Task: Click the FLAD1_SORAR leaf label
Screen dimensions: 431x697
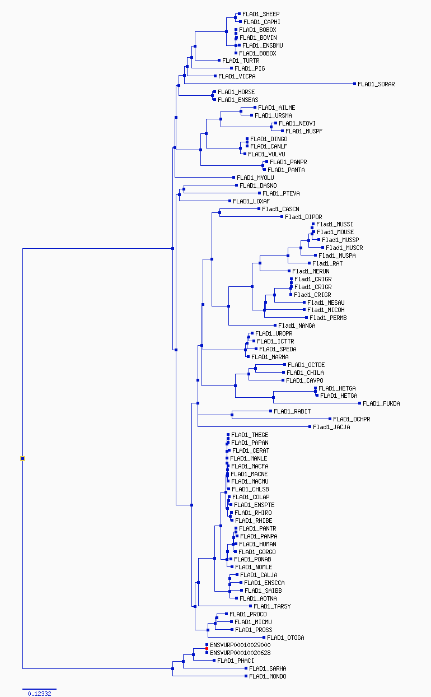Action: (376, 84)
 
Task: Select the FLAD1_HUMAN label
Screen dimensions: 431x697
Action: (257, 544)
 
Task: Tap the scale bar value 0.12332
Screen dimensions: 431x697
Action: (39, 694)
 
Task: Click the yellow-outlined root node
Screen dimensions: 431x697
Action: (22, 458)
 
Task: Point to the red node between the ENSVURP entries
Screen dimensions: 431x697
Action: (207, 648)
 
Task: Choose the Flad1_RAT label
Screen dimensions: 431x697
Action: (327, 263)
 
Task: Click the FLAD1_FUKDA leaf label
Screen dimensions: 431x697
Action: (381, 403)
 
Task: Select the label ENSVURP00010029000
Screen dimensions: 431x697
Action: (240, 645)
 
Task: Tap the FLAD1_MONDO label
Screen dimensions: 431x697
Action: (268, 676)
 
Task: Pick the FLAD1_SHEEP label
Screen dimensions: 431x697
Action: (261, 14)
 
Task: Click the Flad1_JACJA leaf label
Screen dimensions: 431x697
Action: (331, 427)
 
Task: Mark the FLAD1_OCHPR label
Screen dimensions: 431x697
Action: (352, 419)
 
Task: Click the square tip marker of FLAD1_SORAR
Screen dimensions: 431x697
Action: (354, 83)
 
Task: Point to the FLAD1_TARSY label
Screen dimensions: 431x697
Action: (272, 606)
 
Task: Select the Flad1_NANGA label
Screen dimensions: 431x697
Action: (297, 326)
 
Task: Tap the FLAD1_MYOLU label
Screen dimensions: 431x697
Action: (255, 178)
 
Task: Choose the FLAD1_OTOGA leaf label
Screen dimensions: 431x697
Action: (285, 638)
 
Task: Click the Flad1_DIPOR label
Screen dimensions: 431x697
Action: (303, 217)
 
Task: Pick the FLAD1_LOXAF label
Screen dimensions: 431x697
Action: (251, 201)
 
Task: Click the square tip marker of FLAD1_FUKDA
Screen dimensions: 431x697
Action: (360, 403)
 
